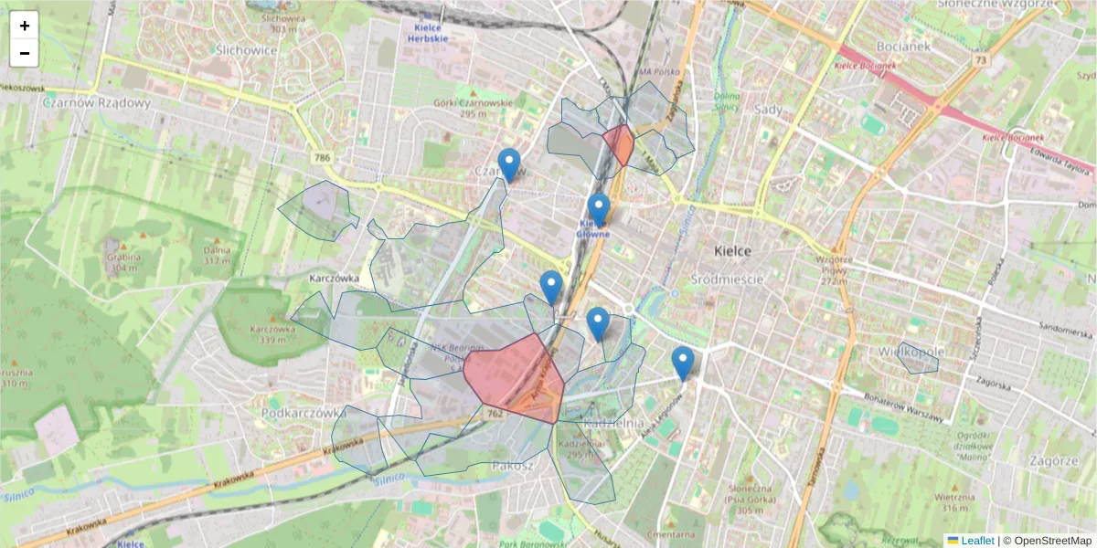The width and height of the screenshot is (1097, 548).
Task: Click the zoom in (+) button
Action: tap(25, 26)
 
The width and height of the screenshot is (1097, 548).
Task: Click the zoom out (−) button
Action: tap(25, 53)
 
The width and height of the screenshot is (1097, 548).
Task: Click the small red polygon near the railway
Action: tap(620, 144)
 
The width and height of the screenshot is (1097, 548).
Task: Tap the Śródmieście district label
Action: tap(728, 279)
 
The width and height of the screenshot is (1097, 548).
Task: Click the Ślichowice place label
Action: tap(247, 50)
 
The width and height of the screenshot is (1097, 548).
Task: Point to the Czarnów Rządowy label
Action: tap(96, 102)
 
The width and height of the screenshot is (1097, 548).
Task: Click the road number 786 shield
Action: tap(322, 158)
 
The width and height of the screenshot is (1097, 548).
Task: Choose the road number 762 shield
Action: tap(495, 414)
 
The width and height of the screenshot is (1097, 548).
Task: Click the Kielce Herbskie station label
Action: tap(426, 33)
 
